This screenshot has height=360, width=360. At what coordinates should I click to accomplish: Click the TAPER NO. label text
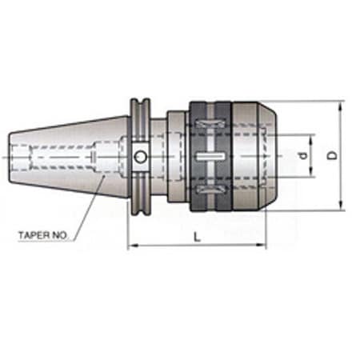click(x=44, y=236)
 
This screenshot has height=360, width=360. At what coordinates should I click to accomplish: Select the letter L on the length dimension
click(x=196, y=238)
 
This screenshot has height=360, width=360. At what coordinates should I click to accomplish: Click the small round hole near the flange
click(x=140, y=157)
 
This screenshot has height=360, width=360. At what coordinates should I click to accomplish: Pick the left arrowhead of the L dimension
click(x=131, y=246)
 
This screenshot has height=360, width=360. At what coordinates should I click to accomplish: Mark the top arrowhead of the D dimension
click(x=342, y=105)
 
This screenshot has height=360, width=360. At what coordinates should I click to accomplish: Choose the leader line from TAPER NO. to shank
click(x=88, y=206)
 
